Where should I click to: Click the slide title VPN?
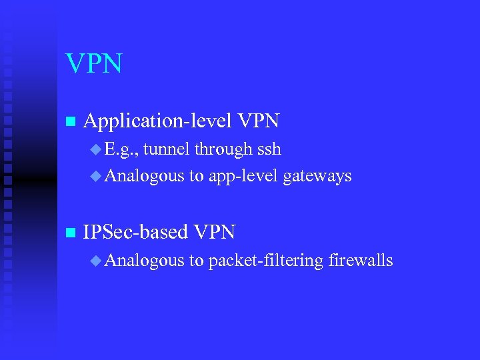tap(94, 64)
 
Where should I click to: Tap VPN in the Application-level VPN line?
tap(258, 121)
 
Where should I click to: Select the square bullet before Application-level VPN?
tap(69, 122)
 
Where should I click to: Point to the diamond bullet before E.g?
tap(95, 149)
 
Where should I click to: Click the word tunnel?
tap(166, 149)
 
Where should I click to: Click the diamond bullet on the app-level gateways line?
tap(95, 176)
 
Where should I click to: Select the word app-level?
tap(243, 177)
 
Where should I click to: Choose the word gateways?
tap(317, 177)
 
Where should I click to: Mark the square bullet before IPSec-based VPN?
tap(69, 233)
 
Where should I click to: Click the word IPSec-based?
tap(135, 231)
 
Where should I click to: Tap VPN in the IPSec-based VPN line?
tap(214, 231)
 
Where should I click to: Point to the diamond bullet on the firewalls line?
tap(95, 260)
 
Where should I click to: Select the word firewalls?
tap(361, 260)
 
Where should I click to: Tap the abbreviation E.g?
tap(121, 150)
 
